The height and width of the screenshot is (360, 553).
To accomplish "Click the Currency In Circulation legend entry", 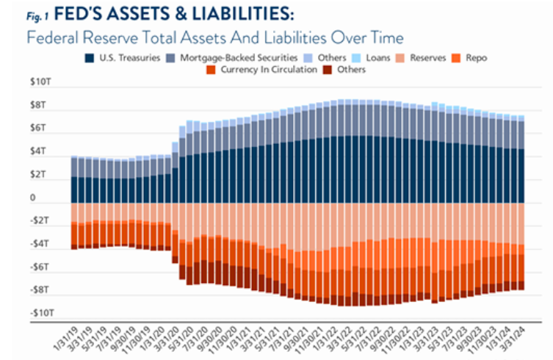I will tap(264, 70).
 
